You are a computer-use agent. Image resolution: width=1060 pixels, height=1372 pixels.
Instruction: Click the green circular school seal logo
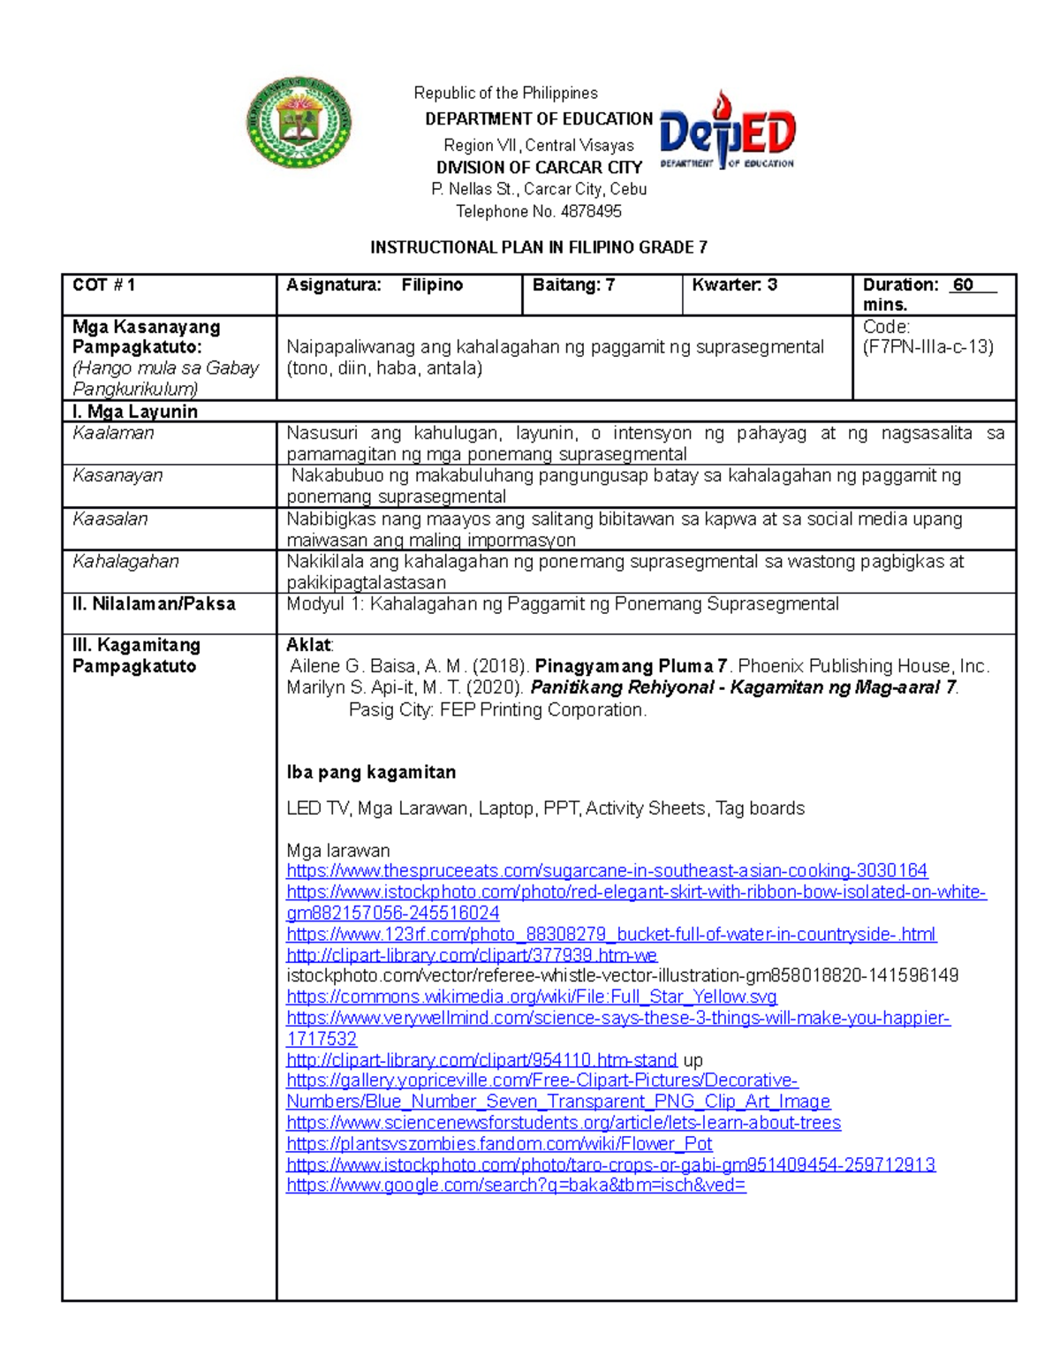tap(299, 123)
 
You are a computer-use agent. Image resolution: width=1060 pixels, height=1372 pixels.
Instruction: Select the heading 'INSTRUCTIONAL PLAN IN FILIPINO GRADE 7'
tap(538, 247)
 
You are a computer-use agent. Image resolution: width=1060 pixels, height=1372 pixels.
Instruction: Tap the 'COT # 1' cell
tap(104, 284)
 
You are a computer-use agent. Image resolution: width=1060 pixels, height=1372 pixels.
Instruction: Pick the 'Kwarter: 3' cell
tap(734, 284)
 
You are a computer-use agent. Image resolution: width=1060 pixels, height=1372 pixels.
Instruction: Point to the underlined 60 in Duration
tap(964, 284)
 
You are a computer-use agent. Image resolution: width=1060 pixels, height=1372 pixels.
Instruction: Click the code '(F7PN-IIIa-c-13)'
tap(927, 347)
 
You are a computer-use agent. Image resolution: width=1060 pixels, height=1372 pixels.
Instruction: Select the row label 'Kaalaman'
tap(113, 433)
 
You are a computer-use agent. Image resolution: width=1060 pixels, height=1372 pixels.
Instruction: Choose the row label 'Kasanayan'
tap(117, 475)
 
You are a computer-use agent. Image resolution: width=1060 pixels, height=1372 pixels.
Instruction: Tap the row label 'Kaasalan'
tap(110, 519)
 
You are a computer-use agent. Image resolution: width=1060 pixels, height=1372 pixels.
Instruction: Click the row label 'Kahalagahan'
tap(125, 561)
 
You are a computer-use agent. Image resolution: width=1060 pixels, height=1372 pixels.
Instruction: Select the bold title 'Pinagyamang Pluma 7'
tap(632, 666)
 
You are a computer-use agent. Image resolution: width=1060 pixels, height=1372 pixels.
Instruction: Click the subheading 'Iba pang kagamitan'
tap(371, 772)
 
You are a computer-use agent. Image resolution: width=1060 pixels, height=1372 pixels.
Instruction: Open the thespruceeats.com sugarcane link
tap(607, 871)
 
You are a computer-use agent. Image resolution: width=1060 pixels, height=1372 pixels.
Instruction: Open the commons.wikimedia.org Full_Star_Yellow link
tap(532, 997)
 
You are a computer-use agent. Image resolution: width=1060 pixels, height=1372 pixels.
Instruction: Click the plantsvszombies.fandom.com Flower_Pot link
tap(499, 1144)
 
